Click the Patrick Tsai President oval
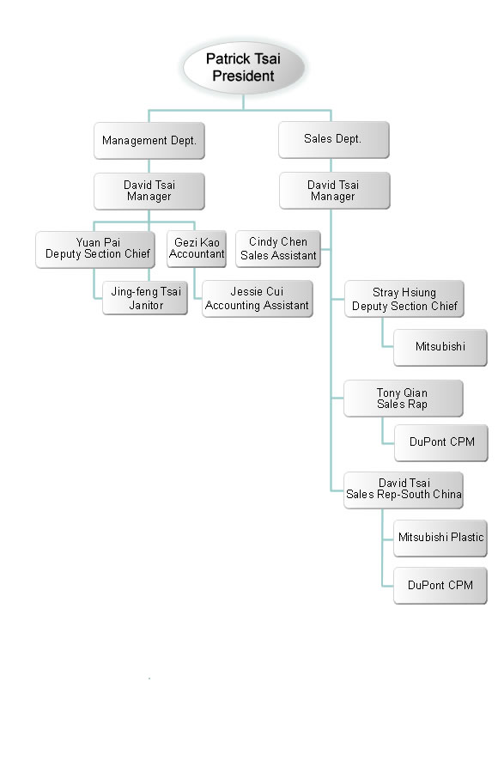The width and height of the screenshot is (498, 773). pos(243,68)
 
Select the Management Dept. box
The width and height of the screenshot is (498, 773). pos(149,141)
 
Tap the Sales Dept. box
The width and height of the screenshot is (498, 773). pos(333,139)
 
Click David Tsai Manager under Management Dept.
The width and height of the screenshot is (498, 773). pos(149,191)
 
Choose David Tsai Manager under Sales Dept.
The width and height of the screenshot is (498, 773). pos(334,191)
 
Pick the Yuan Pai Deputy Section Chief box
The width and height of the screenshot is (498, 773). pos(95,249)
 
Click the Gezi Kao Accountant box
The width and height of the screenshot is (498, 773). pos(197,249)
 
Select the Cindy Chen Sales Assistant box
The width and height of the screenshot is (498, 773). pos(278,249)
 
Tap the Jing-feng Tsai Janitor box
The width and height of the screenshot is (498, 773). pos(145,298)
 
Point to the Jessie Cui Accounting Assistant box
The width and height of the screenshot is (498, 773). pos(257,299)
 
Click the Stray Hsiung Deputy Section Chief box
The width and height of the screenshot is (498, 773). pos(404,299)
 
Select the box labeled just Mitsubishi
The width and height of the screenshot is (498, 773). pos(440,348)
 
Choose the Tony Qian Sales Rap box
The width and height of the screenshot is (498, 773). pos(403,399)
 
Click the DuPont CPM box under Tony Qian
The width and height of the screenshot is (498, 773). pos(440,442)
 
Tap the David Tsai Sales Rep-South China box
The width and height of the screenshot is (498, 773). pos(403,490)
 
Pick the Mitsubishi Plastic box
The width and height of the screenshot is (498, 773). pos(440,539)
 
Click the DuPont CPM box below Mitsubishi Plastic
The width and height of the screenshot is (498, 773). pos(440,586)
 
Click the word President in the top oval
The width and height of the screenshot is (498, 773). pos(243,76)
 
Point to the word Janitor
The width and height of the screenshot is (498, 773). pos(146,305)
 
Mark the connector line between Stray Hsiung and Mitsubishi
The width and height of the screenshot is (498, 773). pos(383,340)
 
